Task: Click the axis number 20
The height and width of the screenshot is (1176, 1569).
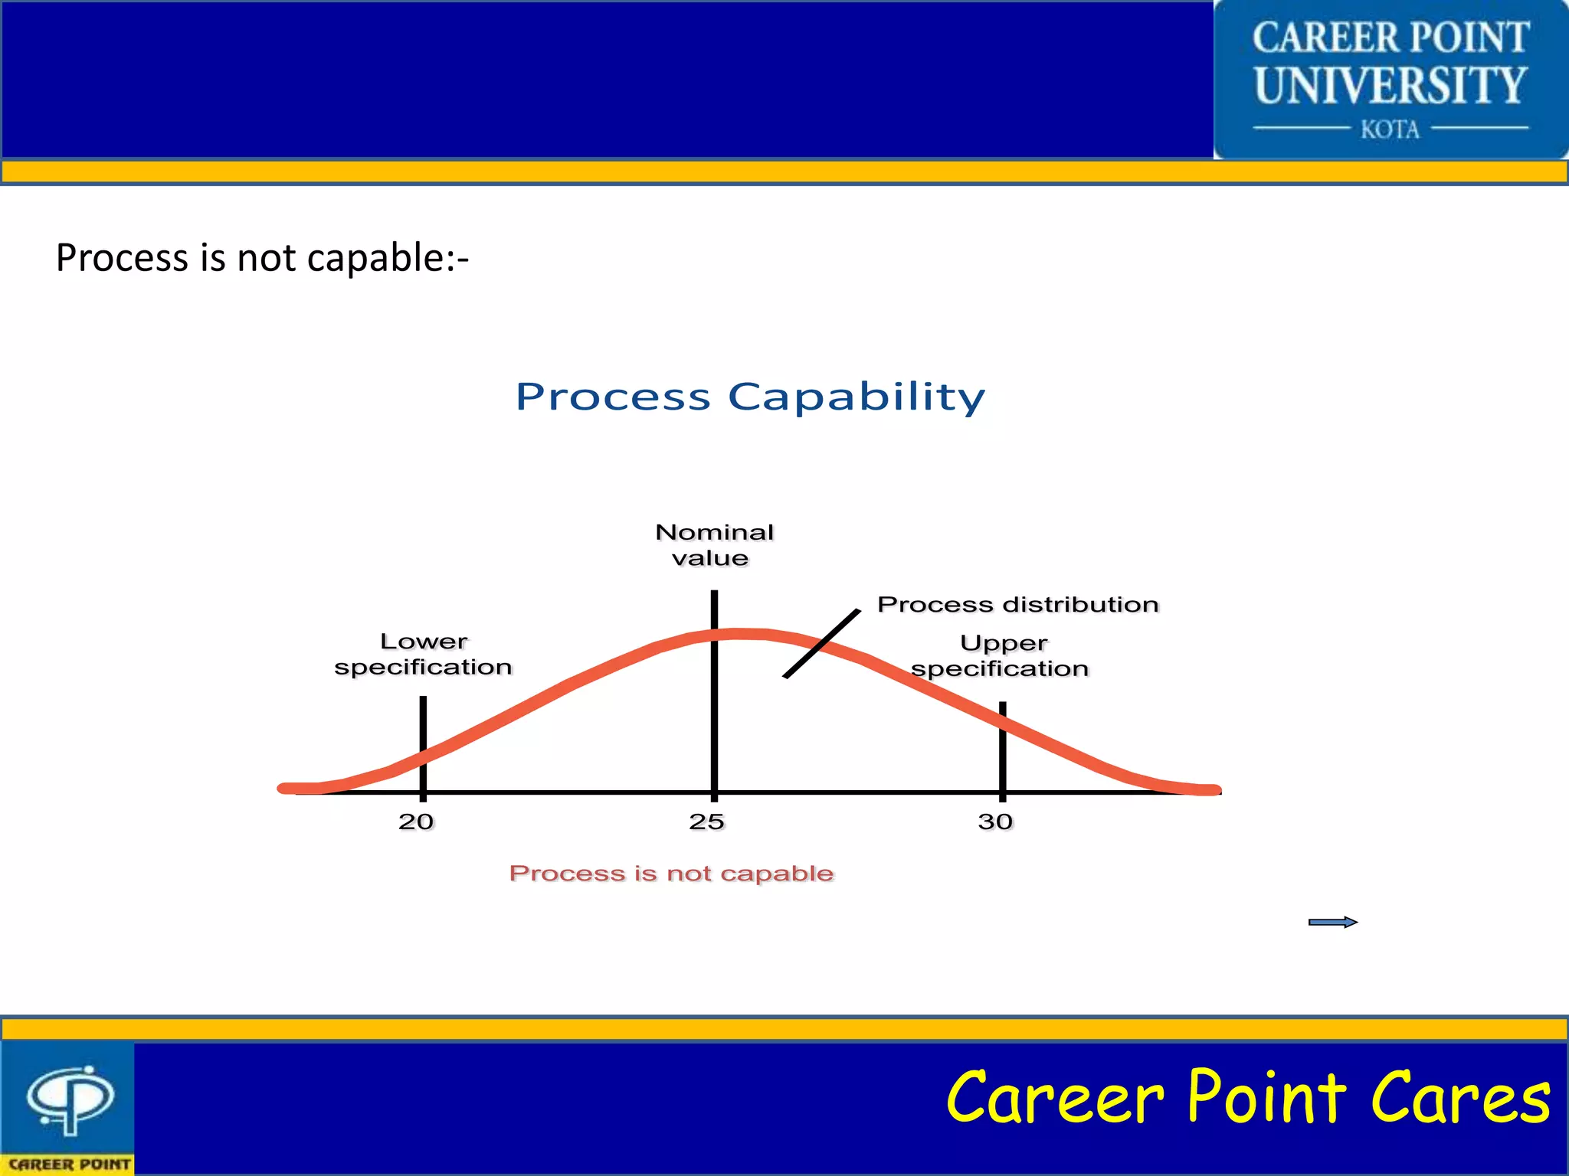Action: tap(416, 822)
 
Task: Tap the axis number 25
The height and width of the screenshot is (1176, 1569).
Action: tap(706, 822)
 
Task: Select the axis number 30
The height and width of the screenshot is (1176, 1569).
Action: tap(995, 822)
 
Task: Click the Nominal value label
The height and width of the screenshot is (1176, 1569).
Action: tap(714, 545)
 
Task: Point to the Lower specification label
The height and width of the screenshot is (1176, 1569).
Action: tap(424, 654)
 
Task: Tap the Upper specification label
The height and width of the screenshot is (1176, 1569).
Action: tap(1001, 655)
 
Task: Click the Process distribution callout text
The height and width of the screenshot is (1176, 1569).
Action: tap(1017, 604)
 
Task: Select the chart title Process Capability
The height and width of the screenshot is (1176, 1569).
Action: tap(750, 397)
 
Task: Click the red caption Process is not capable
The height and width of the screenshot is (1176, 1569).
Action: tap(671, 873)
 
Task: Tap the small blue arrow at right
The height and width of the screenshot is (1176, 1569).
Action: tap(1333, 922)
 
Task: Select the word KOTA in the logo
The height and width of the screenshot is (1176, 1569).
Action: tap(1390, 129)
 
